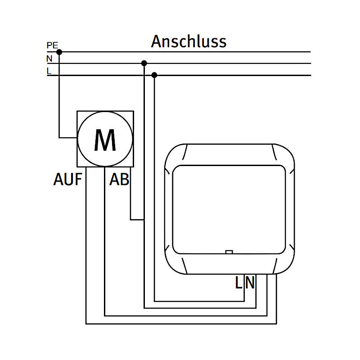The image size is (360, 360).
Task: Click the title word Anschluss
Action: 189,41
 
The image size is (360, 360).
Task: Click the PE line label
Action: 52,45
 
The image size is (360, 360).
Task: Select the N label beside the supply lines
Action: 49,58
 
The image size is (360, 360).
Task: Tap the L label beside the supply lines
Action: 49,71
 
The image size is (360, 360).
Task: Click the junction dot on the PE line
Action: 59,52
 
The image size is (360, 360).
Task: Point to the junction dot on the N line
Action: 144,63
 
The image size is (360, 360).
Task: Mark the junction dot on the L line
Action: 154,75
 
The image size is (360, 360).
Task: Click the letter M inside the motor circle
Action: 105,140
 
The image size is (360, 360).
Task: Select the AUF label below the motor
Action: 68,180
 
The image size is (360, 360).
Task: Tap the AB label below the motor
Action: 119,180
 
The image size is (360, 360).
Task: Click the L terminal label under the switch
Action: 239,283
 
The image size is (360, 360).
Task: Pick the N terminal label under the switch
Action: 250,283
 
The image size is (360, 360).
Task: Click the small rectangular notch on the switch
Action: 229,252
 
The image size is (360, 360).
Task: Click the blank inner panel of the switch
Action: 229,208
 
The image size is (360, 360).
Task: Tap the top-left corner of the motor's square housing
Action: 77,111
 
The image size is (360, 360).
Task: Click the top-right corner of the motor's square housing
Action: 133,111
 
